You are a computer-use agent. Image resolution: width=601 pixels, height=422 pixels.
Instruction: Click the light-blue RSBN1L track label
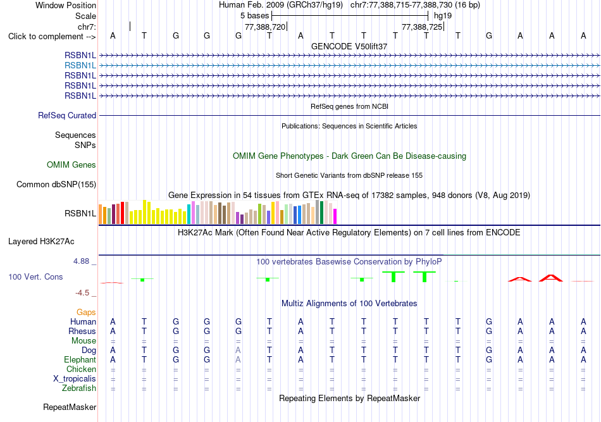(80, 66)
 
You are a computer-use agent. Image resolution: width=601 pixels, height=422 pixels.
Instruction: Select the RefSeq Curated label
(67, 115)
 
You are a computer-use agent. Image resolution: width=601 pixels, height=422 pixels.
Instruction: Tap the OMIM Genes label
(71, 164)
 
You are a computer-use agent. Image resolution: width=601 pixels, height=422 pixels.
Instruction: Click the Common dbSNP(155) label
(56, 184)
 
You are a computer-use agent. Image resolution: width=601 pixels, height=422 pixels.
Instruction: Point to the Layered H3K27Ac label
(41, 242)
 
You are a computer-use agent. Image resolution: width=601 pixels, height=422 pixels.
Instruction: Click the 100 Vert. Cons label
(35, 276)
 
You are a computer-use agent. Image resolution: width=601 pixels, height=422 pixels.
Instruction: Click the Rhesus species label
(82, 331)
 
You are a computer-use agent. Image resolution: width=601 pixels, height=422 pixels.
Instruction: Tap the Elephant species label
(80, 359)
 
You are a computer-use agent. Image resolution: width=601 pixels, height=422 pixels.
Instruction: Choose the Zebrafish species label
(79, 388)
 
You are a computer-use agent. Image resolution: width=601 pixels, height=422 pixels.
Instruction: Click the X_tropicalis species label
(75, 379)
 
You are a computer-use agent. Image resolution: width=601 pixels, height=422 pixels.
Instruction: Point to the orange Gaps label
(86, 313)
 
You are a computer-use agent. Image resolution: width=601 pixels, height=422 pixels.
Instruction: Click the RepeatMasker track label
(70, 407)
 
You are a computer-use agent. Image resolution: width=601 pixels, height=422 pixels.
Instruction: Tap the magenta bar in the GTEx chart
(335, 216)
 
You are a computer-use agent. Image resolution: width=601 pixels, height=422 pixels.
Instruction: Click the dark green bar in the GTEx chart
(321, 213)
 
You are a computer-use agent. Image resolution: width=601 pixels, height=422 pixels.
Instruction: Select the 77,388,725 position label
(422, 27)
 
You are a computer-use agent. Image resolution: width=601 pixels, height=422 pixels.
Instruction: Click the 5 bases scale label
(254, 16)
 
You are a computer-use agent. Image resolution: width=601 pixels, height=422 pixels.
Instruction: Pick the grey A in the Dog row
(239, 351)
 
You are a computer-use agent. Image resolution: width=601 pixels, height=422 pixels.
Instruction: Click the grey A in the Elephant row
(239, 360)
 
